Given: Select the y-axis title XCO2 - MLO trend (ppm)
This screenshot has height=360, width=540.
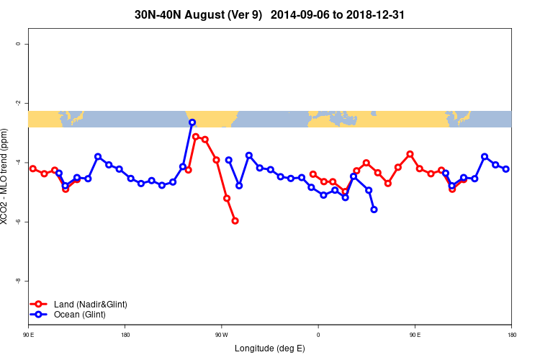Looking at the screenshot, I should tap(6, 177).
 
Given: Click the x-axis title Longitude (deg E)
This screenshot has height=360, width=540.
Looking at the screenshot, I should tap(270, 348).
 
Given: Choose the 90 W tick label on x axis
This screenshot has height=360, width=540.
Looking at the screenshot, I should tap(221, 334).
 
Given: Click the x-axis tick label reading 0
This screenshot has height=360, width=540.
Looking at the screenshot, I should tap(318, 334).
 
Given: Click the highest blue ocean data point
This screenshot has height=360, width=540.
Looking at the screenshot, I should tap(192, 122).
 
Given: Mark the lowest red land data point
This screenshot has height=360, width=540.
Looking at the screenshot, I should tap(235, 220).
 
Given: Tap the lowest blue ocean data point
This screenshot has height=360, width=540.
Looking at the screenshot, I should tap(374, 210).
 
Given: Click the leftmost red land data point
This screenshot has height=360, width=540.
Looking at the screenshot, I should tap(33, 168).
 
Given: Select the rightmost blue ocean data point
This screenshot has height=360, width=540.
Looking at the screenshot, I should tap(506, 169).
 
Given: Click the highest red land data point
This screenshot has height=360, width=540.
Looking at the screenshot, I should tap(196, 137).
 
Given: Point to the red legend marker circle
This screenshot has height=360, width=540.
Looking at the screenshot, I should tap(39, 305).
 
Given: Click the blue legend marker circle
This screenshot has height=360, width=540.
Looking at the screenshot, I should tap(39, 315).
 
